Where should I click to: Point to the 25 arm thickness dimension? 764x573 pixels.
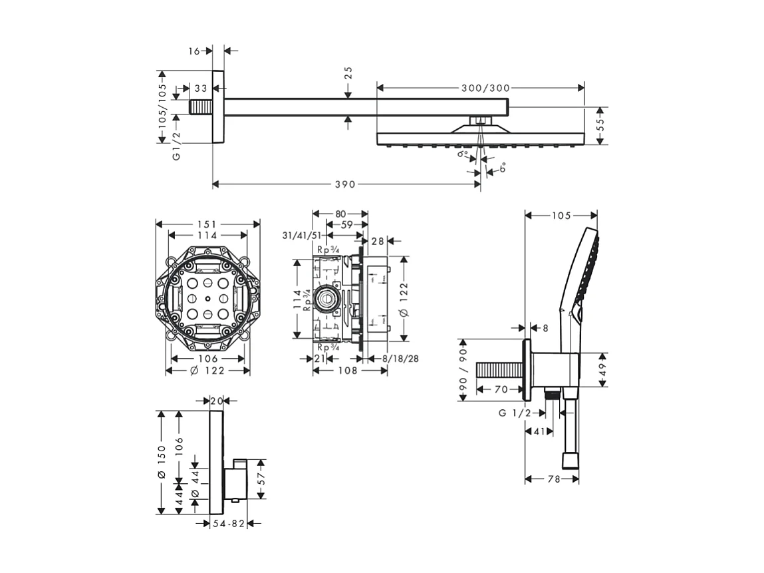(x=348, y=73)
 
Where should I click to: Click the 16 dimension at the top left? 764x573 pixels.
(x=193, y=51)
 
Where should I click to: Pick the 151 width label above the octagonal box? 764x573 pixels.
(x=206, y=224)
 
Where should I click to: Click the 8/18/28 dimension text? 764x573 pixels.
(x=401, y=359)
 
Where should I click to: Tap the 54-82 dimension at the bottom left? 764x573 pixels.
(x=228, y=524)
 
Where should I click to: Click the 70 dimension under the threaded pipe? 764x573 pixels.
(x=501, y=389)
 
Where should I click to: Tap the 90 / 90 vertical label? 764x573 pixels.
(x=463, y=370)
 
